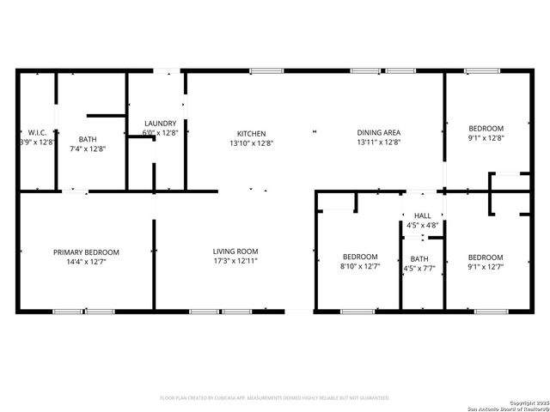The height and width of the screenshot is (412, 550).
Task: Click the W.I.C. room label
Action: [x=37, y=132]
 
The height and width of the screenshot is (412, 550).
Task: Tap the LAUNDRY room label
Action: [x=161, y=124]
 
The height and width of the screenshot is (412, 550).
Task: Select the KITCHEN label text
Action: [x=252, y=133]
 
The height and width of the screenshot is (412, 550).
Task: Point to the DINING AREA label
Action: [x=379, y=133]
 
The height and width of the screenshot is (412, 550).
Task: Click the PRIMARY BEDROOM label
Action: [x=86, y=252]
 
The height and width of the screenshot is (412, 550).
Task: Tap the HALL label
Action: [x=422, y=215]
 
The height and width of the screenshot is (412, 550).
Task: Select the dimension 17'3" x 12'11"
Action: [x=235, y=261]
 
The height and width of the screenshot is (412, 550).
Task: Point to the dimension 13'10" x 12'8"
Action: [x=252, y=142]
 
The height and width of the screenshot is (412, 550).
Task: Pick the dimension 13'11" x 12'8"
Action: [x=379, y=142]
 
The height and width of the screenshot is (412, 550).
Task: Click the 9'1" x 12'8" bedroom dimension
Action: [x=486, y=137]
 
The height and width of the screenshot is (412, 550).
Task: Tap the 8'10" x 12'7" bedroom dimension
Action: [x=360, y=266]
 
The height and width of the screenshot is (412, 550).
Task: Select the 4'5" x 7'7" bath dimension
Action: [x=419, y=268]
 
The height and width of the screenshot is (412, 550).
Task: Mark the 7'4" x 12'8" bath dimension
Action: [x=88, y=148]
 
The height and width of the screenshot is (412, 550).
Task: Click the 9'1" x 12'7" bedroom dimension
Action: [x=486, y=266]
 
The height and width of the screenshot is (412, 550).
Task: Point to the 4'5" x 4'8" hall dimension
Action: [x=422, y=225]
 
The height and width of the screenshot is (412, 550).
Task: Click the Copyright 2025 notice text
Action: [x=525, y=403]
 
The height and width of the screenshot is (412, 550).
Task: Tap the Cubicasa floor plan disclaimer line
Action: [x=275, y=398]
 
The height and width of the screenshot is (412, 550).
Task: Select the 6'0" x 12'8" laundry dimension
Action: [x=161, y=133]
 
